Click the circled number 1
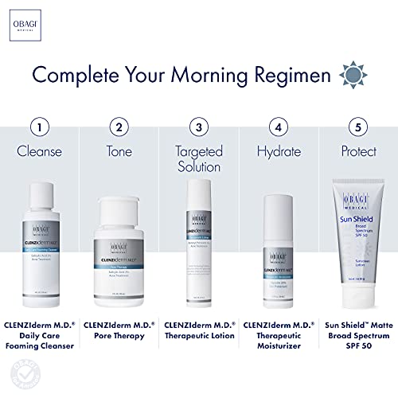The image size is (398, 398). click(42, 127)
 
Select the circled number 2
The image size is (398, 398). click(119, 127)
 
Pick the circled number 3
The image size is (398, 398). click(199, 127)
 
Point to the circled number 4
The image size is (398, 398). click(278, 127)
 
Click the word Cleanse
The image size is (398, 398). click(42, 150)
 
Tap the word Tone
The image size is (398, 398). click(119, 150)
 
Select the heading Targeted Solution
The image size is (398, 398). click(199, 158)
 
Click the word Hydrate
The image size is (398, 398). click(278, 150)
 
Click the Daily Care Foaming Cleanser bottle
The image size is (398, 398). click(45, 239)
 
